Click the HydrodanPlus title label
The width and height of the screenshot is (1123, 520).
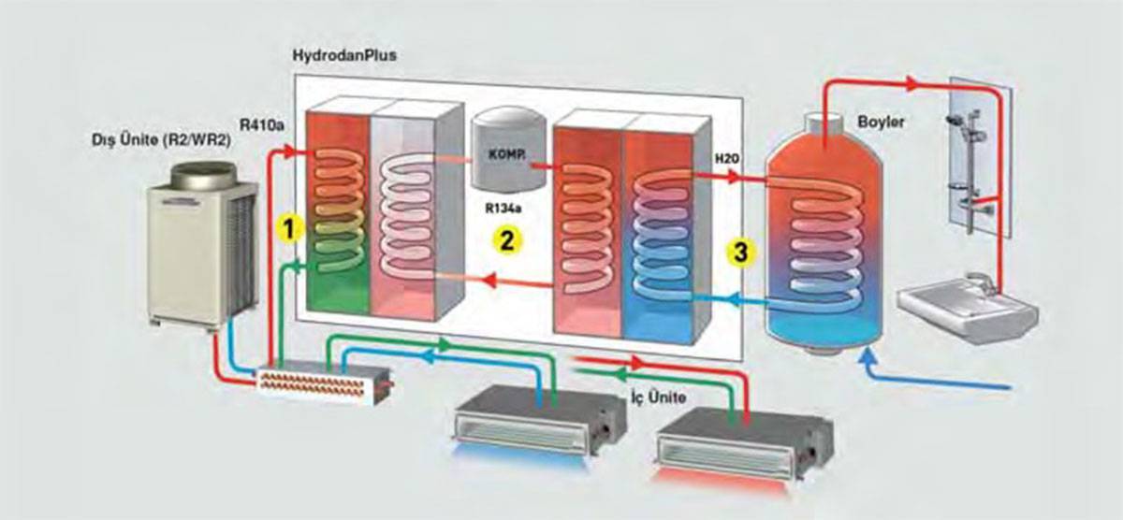[344, 54]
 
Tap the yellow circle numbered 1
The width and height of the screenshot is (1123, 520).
[289, 229]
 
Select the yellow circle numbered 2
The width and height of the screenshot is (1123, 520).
[507, 241]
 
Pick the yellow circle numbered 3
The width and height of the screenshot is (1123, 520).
[741, 252]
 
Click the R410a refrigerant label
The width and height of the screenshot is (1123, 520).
[262, 124]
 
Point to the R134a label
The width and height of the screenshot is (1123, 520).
[503, 208]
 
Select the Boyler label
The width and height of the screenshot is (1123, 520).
[881, 122]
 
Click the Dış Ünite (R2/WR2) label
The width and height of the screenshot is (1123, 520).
[161, 140]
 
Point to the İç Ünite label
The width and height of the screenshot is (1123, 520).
[658, 397]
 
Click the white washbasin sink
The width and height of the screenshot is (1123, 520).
[968, 307]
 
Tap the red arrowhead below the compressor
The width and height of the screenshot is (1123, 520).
[489, 280]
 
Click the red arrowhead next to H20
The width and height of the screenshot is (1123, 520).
[735, 177]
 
